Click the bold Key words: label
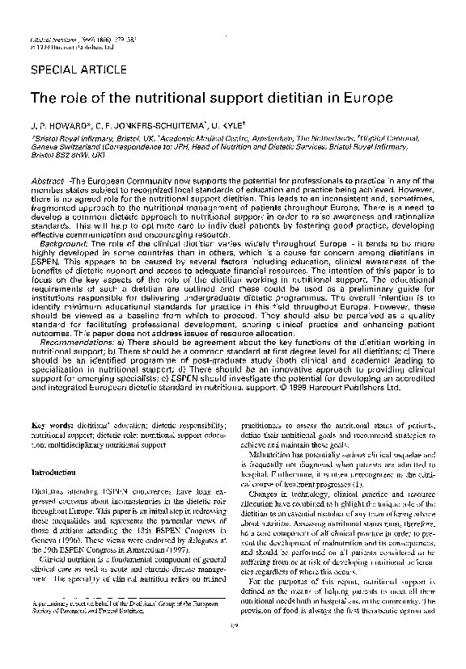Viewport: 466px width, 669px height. [51, 424]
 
